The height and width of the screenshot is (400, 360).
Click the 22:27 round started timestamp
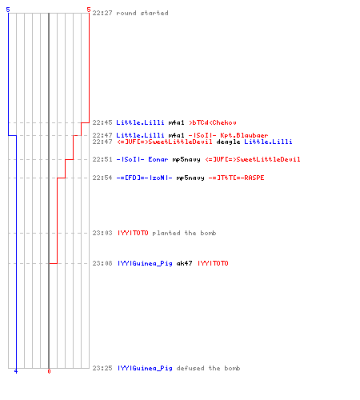(x=102, y=13)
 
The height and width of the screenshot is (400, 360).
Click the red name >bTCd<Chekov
(x=213, y=122)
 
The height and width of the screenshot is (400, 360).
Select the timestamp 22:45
(x=102, y=122)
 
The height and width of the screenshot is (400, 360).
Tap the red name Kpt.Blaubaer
(x=244, y=135)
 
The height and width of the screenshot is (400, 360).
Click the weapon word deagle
(x=228, y=142)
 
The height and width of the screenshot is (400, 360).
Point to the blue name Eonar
(x=158, y=159)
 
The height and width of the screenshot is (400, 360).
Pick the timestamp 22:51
(x=102, y=159)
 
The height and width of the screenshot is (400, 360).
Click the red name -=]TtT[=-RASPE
(x=236, y=178)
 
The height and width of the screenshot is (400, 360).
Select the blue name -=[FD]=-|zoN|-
(x=144, y=178)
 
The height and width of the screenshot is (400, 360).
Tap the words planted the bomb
(x=184, y=233)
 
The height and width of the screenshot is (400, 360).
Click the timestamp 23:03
(x=102, y=233)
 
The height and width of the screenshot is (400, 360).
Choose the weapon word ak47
(x=184, y=263)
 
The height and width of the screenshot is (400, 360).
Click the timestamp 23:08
(x=102, y=263)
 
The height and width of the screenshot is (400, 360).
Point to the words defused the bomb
(x=208, y=368)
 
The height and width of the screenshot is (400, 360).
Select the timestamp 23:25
(x=102, y=368)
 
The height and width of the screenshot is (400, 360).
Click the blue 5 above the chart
(x=8, y=10)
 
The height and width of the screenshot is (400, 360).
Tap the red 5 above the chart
(x=89, y=10)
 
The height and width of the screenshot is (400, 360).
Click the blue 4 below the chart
(x=16, y=371)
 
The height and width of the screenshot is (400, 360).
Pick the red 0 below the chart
(x=49, y=371)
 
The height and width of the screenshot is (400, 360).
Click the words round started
(x=142, y=13)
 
